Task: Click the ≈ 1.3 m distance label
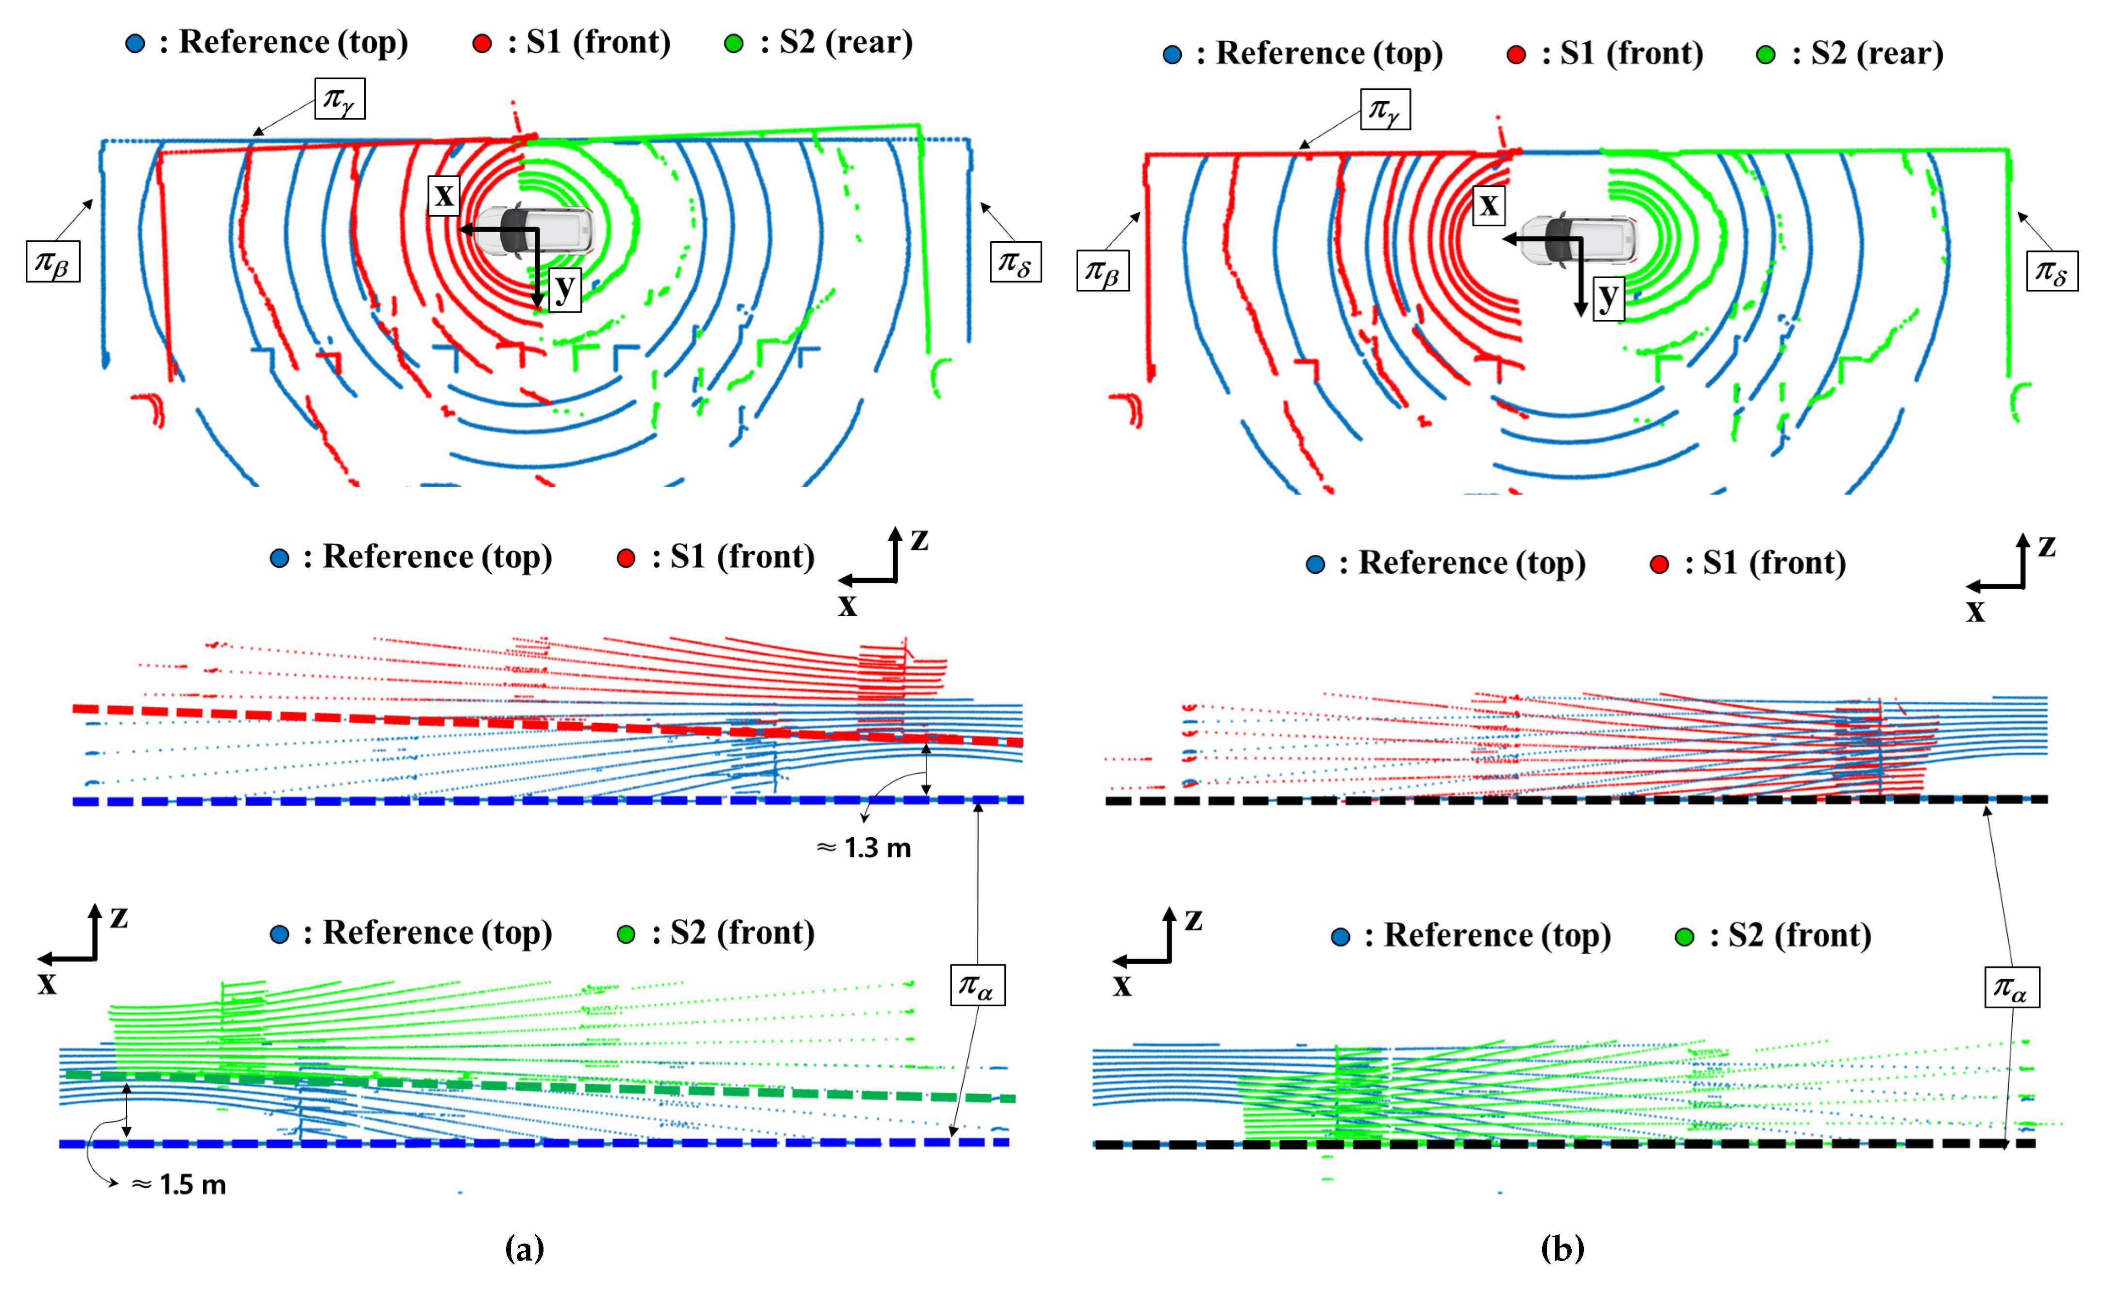[864, 848]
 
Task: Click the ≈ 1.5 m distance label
[179, 1184]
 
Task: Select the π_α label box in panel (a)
[977, 985]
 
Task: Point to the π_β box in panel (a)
[53, 261]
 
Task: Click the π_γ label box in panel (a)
[340, 99]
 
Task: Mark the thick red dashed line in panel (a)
[548, 724]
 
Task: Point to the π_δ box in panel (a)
[1016, 261]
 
